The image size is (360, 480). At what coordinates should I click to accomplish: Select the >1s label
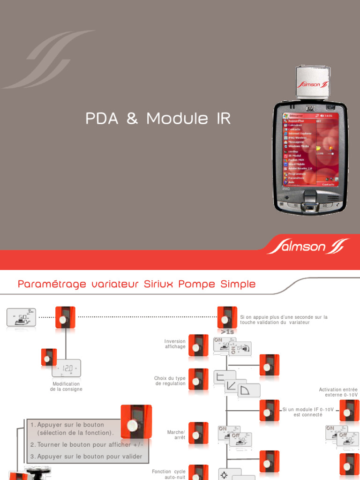tap(227, 332)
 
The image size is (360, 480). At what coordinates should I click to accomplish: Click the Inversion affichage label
tap(175, 344)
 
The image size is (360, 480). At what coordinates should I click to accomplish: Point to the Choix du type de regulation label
tap(170, 381)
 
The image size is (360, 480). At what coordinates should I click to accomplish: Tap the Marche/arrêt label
tap(176, 435)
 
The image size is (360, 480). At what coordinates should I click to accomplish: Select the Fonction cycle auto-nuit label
tap(169, 474)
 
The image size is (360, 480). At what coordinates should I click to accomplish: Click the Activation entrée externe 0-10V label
tap(338, 392)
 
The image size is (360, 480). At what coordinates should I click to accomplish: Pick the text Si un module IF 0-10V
tap(308, 409)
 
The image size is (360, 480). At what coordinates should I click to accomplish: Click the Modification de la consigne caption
tap(66, 386)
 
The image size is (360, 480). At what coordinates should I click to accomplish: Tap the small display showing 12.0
tap(66, 368)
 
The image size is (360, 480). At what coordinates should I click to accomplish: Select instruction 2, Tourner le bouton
tap(86, 444)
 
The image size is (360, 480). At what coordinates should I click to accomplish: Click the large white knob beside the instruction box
tap(133, 426)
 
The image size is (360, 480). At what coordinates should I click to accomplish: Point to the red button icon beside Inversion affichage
tap(198, 345)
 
